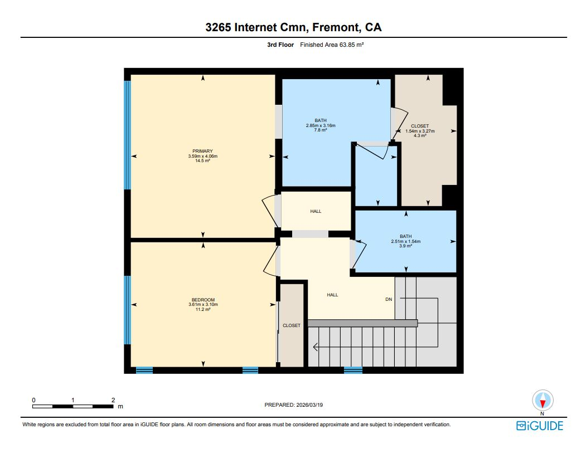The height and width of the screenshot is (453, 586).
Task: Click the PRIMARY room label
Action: [202, 151]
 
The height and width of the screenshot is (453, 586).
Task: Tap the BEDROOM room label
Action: [202, 300]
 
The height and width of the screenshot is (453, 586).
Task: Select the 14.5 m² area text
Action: [202, 161]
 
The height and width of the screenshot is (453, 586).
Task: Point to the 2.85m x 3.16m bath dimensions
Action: [321, 125]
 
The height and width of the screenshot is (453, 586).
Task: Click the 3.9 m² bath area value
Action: [405, 246]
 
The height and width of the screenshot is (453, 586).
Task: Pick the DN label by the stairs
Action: [389, 299]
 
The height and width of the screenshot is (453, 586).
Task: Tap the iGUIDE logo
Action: [539, 426]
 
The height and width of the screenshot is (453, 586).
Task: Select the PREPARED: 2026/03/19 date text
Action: [293, 406]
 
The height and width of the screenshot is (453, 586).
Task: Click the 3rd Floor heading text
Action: [280, 45]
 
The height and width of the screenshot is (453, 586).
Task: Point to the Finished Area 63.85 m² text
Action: [332, 45]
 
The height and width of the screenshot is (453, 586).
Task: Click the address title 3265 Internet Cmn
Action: [293, 27]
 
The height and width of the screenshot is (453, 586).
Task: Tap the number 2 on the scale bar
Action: [113, 400]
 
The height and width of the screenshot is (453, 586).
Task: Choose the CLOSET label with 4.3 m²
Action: [419, 126]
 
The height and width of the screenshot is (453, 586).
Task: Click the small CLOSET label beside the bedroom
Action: [291, 325]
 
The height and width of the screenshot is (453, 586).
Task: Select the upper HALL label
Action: [316, 211]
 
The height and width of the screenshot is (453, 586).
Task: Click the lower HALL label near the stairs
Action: [332, 295]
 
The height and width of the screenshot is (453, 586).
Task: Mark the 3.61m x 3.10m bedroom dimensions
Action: [202, 304]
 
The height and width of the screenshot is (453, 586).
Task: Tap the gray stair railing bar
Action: [362, 323]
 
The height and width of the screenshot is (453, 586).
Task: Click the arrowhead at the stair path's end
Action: [316, 347]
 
